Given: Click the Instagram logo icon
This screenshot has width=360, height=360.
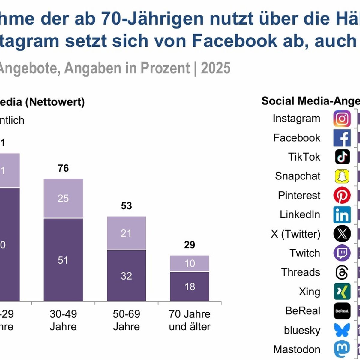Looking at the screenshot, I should coord(342,118).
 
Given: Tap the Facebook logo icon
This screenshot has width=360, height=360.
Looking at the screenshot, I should coord(342,138).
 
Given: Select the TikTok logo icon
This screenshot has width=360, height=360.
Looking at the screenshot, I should coord(342,157).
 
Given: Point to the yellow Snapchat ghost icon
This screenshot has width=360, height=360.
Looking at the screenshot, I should coord(342,176).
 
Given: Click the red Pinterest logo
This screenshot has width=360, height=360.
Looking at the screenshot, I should coord(342,195).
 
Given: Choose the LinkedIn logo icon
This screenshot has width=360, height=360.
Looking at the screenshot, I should coord(342,215).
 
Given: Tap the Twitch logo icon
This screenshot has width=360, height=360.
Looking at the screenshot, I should coord(342,253).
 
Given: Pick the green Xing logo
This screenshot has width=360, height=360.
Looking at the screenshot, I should coord(342,292).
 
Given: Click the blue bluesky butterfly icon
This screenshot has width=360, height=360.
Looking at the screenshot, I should coord(342,330).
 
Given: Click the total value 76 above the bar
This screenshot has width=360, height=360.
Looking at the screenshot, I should coord(63,168).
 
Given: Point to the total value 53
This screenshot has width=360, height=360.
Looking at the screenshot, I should coord(126,206).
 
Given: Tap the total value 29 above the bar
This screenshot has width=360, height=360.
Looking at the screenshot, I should coord(190,245).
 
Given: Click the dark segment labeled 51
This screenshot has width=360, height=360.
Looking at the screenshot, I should coord(63,260).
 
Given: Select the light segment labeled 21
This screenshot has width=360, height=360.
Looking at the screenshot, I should coord(126,233).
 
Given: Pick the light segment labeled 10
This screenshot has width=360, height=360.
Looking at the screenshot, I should coord(190,263).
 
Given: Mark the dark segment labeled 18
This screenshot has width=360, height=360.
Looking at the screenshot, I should coord(190,286).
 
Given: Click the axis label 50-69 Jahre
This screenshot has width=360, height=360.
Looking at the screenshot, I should coord(126,320).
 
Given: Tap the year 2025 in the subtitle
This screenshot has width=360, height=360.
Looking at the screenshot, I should coord(216,68).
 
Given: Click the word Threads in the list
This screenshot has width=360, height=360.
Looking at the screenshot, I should coord(301,272).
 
